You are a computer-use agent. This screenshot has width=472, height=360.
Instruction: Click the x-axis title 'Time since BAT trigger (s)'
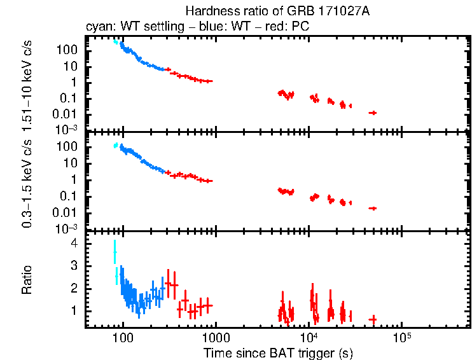(x=278, y=352)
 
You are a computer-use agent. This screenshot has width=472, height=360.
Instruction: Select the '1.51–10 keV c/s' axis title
(x=27, y=83)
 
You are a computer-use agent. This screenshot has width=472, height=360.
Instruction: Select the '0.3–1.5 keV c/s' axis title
(x=27, y=181)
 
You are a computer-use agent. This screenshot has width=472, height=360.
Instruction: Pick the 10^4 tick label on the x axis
(x=309, y=337)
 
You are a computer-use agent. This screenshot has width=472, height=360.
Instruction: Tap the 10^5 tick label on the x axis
(x=401, y=337)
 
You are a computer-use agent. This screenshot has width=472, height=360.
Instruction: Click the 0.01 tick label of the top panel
(x=67, y=113)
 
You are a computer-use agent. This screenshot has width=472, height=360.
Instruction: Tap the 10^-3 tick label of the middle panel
(x=67, y=228)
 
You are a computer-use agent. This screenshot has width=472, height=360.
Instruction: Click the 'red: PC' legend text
(x=289, y=27)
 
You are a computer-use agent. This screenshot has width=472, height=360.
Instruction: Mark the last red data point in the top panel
(x=373, y=113)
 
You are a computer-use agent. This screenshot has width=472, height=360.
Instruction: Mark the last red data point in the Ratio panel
(x=373, y=319)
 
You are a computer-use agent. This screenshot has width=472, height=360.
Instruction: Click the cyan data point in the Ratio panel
(x=115, y=253)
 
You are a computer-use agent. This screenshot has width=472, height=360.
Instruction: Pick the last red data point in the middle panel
(x=373, y=208)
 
